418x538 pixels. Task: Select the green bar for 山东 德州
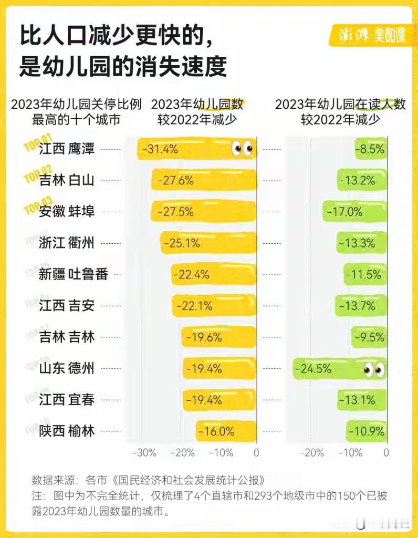pyautogui.click(x=339, y=369)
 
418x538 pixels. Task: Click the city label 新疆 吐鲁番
pyautogui.click(x=73, y=274)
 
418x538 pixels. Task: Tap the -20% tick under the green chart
pyautogui.click(x=314, y=453)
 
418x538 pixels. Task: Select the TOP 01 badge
pyautogui.click(x=37, y=143)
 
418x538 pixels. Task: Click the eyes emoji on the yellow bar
pyautogui.click(x=243, y=149)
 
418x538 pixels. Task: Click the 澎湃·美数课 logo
pyautogui.click(x=372, y=36)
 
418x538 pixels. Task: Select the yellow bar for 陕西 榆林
pyautogui.click(x=226, y=431)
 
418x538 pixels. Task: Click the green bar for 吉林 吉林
pyautogui.click(x=369, y=337)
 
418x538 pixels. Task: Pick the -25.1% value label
pyautogui.click(x=182, y=243)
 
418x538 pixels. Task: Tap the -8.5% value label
pyautogui.click(x=371, y=149)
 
